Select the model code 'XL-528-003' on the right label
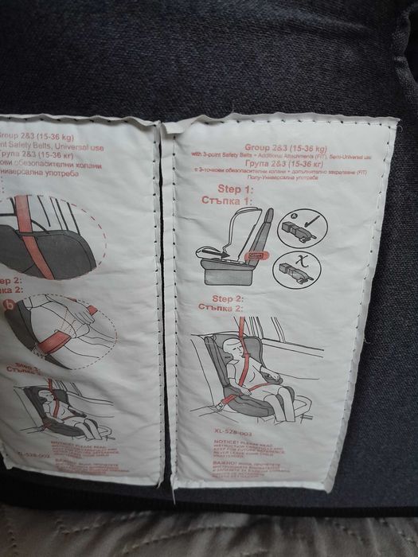[x=222, y=428]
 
